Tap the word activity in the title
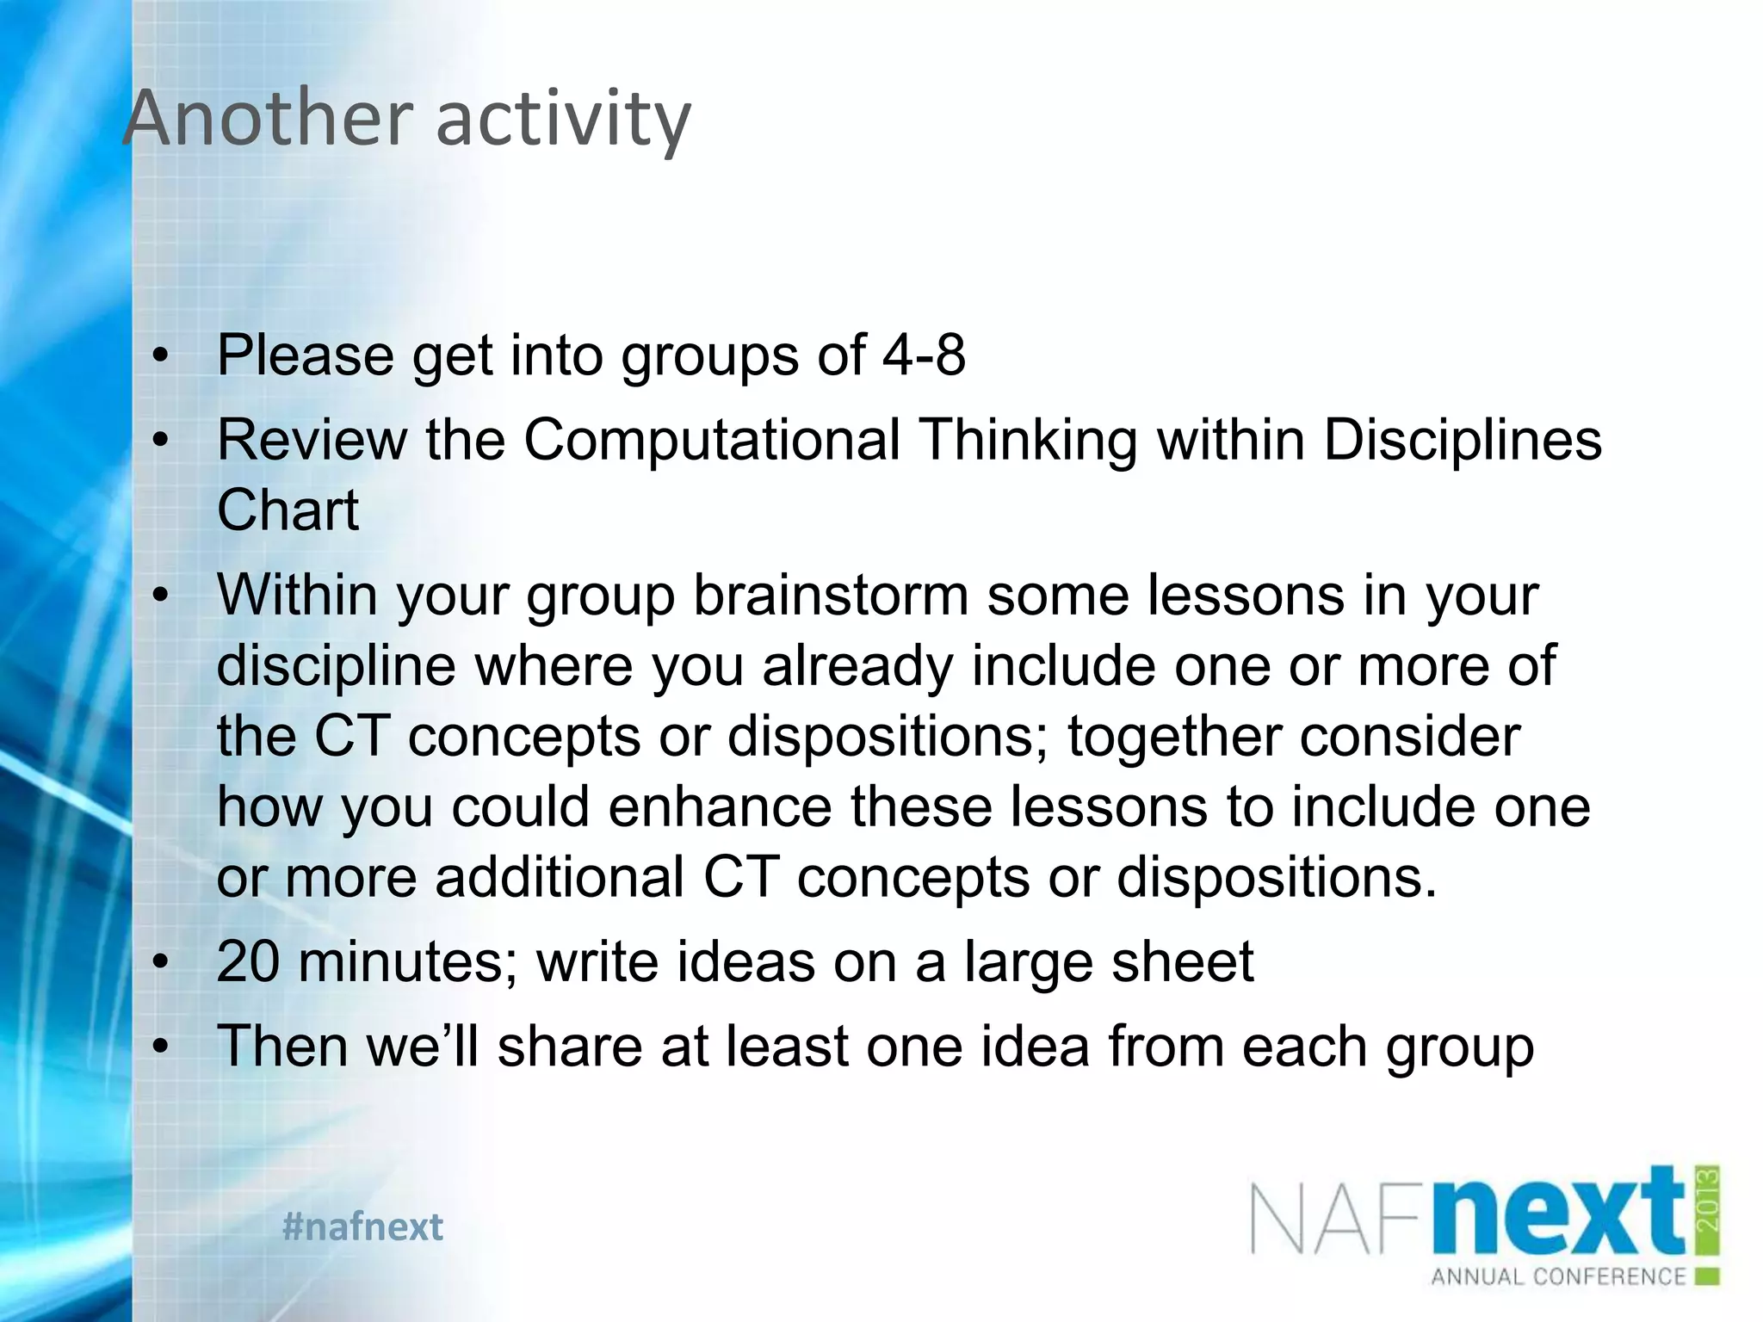563,120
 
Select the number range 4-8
924,355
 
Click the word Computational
712,441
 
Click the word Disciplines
1462,441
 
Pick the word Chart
288,510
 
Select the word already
857,666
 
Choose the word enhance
711,807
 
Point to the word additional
560,878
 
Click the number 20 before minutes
248,961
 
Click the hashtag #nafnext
362,1226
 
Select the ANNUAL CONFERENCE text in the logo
1558,1276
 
